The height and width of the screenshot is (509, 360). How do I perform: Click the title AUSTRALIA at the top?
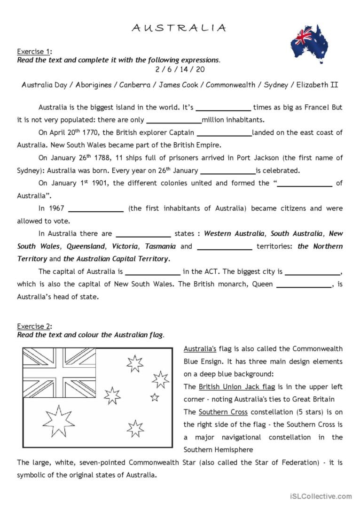pos(179,28)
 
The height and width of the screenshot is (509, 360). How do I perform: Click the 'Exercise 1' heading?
pos(34,52)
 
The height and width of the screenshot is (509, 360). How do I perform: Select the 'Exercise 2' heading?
pos(34,326)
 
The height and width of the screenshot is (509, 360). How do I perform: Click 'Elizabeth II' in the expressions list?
pos(317,85)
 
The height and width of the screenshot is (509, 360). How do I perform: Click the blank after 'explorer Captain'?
pos(224,133)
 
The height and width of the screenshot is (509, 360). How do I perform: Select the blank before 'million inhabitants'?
pos(174,121)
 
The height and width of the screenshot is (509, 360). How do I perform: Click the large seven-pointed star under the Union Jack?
pos(59,420)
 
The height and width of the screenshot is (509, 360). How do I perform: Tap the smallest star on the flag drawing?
pos(155,398)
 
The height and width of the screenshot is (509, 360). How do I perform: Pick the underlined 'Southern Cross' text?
pos(223,412)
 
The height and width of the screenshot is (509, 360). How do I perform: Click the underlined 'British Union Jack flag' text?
pos(236,387)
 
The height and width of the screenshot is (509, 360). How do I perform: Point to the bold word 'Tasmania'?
pos(160,247)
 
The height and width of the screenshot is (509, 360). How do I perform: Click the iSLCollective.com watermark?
pos(324,496)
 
